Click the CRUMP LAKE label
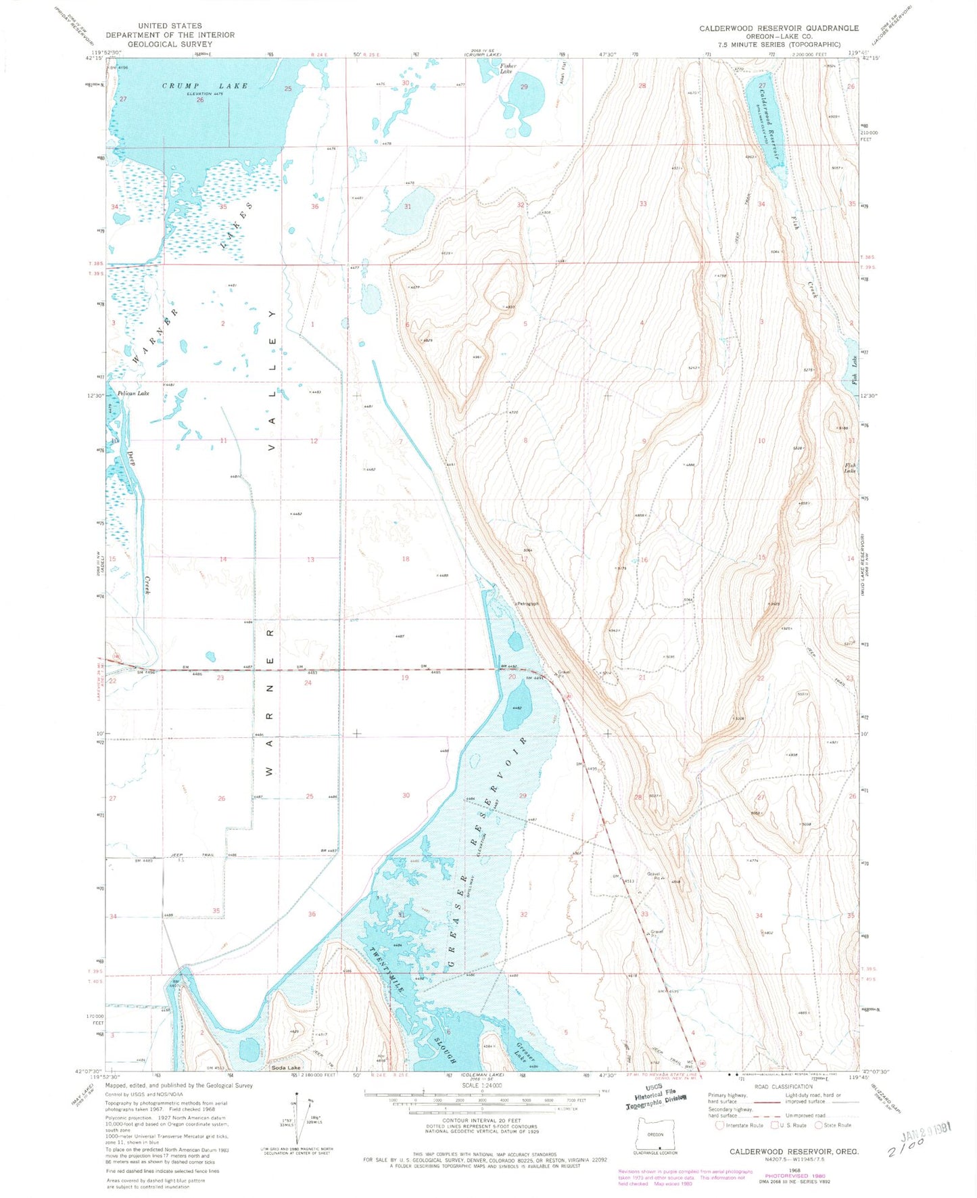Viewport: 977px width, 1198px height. point(205,86)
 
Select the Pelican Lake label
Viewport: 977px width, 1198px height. point(133,393)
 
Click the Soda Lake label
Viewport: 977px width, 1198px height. point(284,1068)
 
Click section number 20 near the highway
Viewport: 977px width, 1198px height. point(512,677)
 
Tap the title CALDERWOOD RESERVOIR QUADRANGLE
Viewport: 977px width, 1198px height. point(779,28)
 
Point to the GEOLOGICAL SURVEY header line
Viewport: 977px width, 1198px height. point(170,44)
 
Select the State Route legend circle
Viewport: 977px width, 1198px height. point(817,1126)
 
